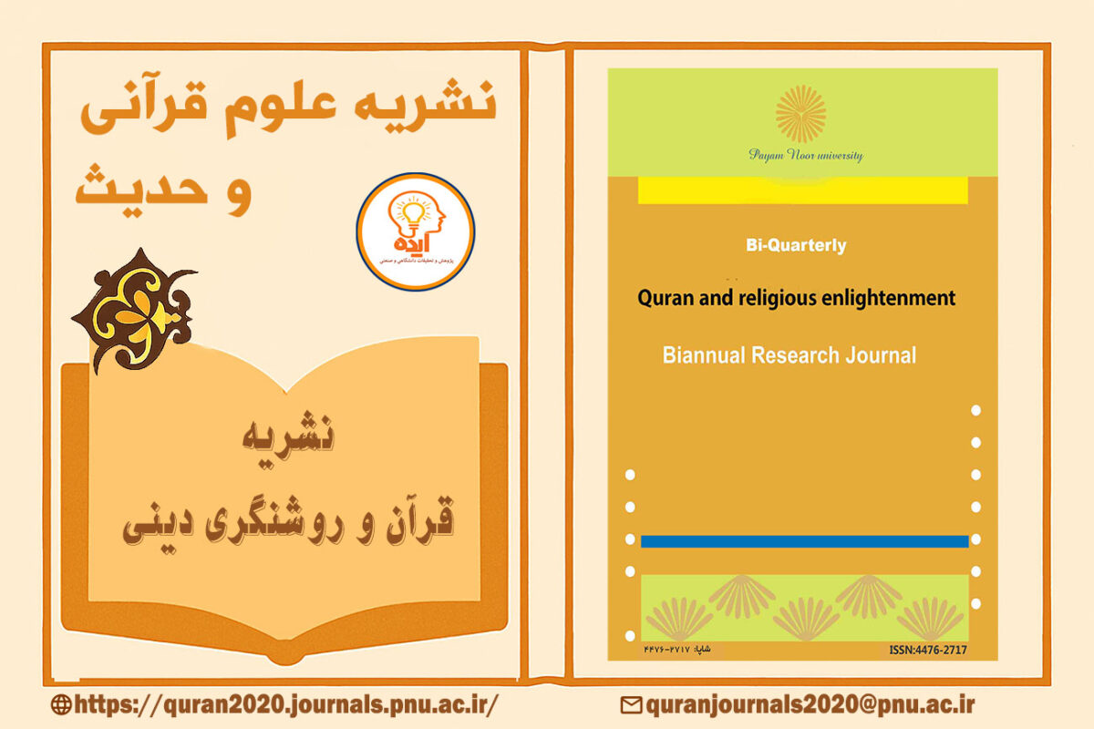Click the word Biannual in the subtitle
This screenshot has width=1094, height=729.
pos(703,354)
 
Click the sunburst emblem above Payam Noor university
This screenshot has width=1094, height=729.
pos(800,114)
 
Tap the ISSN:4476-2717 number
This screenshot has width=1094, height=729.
pos(927,650)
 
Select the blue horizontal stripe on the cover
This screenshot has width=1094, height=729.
pos(804,541)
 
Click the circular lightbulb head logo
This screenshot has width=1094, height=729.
pos(415,231)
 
